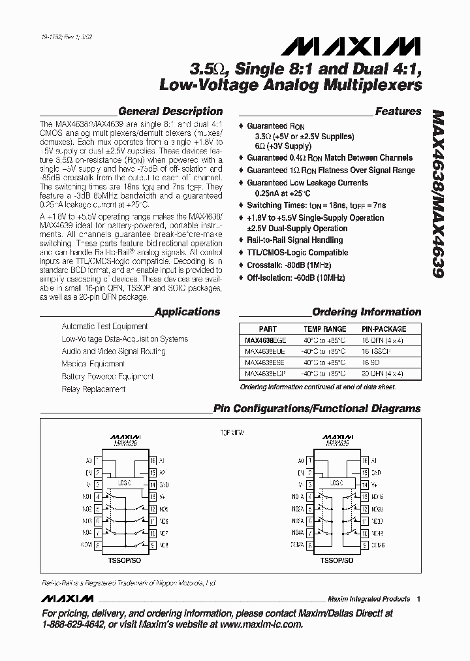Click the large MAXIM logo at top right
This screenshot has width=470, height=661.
pyautogui.click(x=351, y=46)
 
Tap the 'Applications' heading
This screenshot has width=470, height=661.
pyautogui.click(x=187, y=312)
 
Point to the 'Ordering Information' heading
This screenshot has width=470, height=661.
pyautogui.click(x=366, y=312)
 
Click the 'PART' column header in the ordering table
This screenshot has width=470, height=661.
pyautogui.click(x=268, y=329)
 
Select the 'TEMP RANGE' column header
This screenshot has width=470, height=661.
pyautogui.click(x=325, y=329)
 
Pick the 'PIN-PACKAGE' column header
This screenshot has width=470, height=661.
pyautogui.click(x=384, y=329)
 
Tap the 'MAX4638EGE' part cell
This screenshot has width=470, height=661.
pyautogui.click(x=266, y=340)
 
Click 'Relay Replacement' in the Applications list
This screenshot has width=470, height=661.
pyautogui.click(x=93, y=389)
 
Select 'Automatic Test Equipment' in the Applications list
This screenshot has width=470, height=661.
pyautogui.click(x=104, y=326)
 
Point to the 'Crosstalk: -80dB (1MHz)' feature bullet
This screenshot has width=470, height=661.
pyautogui.click(x=289, y=265)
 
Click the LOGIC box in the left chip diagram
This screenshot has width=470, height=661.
pyautogui.click(x=124, y=484)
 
